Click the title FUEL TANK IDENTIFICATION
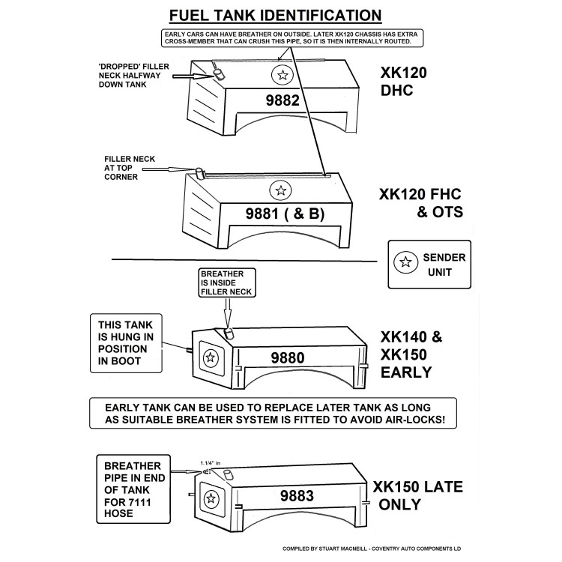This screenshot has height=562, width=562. tap(275, 15)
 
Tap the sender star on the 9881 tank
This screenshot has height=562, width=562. tap(280, 190)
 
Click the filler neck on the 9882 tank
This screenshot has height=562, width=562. tap(218, 73)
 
